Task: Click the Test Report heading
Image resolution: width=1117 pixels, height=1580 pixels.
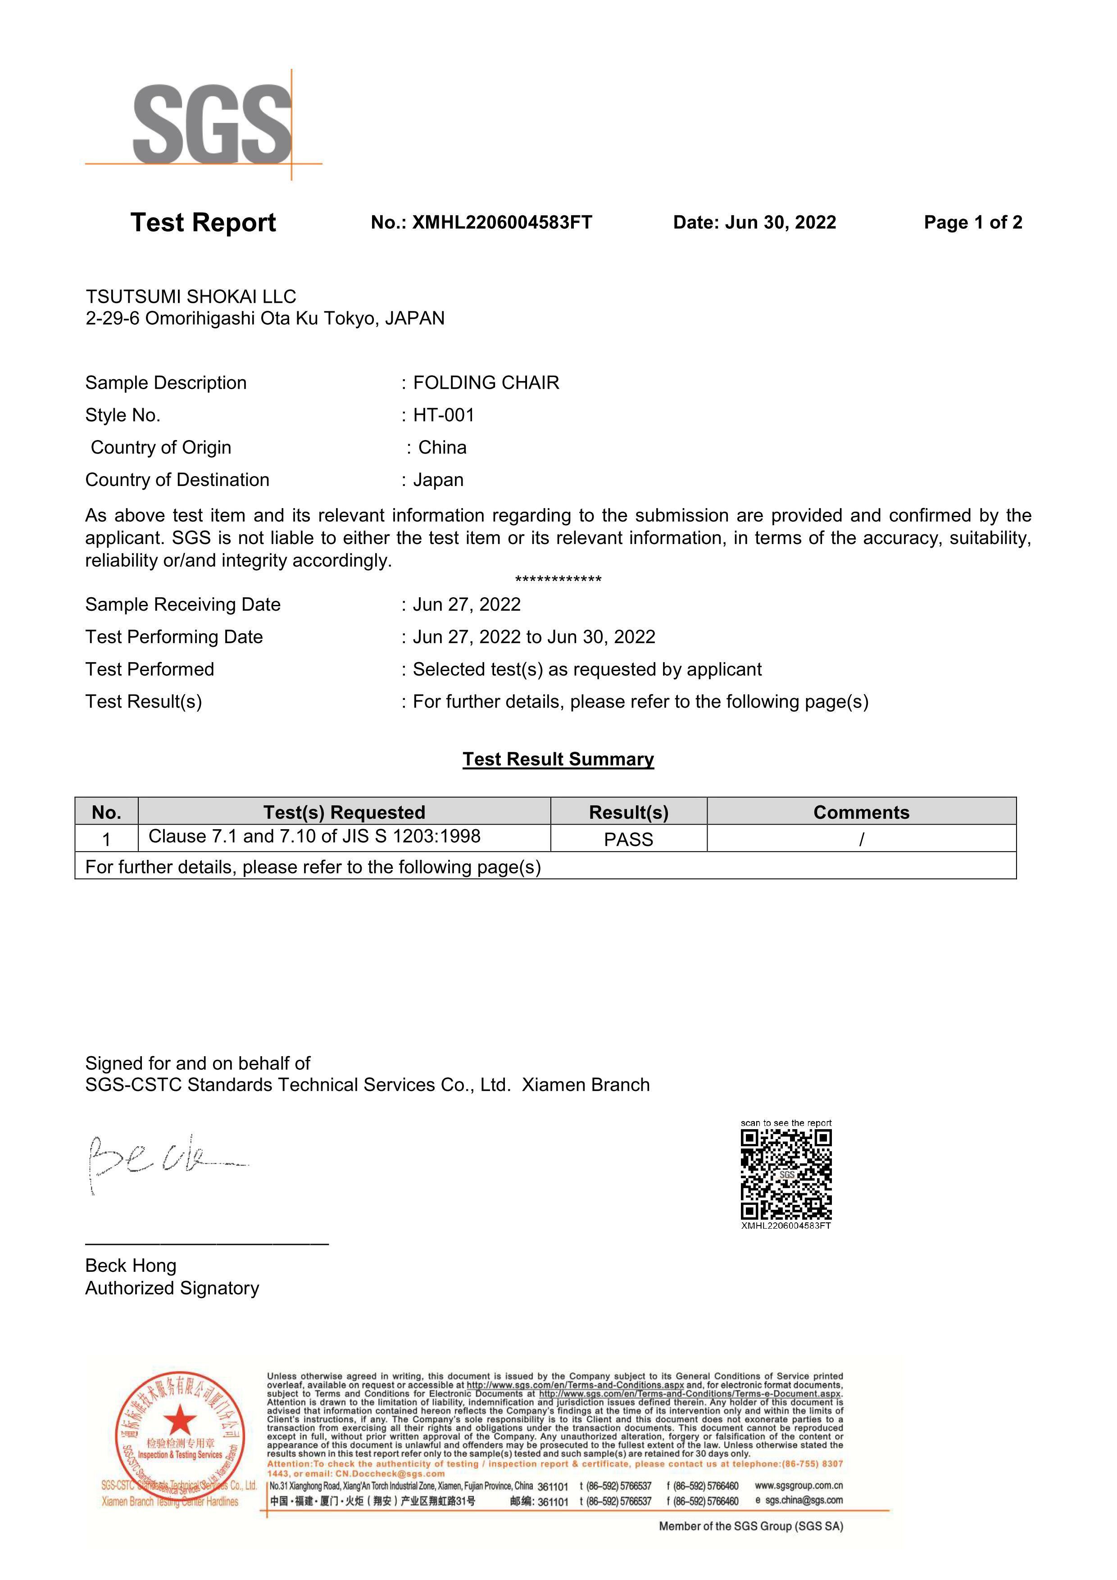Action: [203, 222]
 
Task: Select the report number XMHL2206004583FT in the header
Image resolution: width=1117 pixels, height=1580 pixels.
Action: [502, 222]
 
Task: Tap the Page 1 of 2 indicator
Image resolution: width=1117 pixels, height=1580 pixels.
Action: [972, 222]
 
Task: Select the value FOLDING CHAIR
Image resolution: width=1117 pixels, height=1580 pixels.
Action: [486, 382]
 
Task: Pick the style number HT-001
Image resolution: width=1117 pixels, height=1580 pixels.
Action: [444, 415]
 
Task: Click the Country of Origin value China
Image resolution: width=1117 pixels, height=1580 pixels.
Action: [443, 447]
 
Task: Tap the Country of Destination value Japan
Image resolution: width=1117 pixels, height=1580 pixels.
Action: [438, 480]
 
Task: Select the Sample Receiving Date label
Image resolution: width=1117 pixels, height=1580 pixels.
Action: [183, 604]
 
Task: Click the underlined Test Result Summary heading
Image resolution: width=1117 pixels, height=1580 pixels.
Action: [558, 759]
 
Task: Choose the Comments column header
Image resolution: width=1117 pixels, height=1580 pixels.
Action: [861, 812]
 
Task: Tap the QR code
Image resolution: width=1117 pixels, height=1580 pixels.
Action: [786, 1175]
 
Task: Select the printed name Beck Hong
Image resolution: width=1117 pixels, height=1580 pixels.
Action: [131, 1266]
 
